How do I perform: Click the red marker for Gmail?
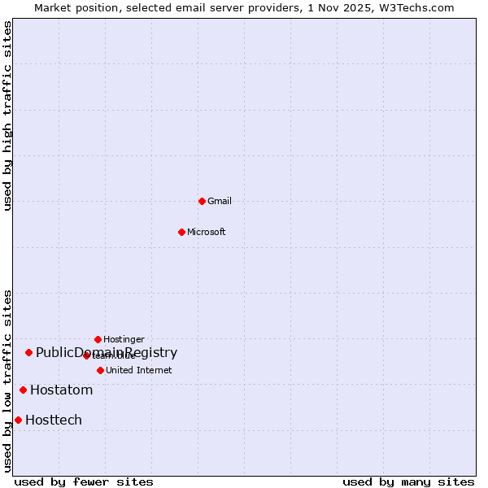(202, 201)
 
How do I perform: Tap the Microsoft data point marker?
(181, 232)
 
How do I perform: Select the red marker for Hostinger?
(98, 339)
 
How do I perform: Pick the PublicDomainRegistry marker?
(28, 352)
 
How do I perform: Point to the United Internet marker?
(100, 370)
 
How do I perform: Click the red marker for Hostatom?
(23, 390)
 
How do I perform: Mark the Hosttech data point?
(18, 420)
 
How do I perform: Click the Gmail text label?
(220, 201)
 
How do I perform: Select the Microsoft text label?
(207, 232)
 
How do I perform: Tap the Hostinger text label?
(124, 339)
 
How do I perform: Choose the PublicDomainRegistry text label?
(107, 352)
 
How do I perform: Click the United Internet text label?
(139, 370)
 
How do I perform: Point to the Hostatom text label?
(62, 390)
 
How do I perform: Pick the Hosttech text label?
(54, 420)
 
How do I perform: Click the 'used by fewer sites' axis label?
(84, 481)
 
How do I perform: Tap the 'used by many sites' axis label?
(408, 481)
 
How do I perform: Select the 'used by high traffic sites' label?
(8, 115)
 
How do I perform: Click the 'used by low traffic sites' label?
(8, 381)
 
